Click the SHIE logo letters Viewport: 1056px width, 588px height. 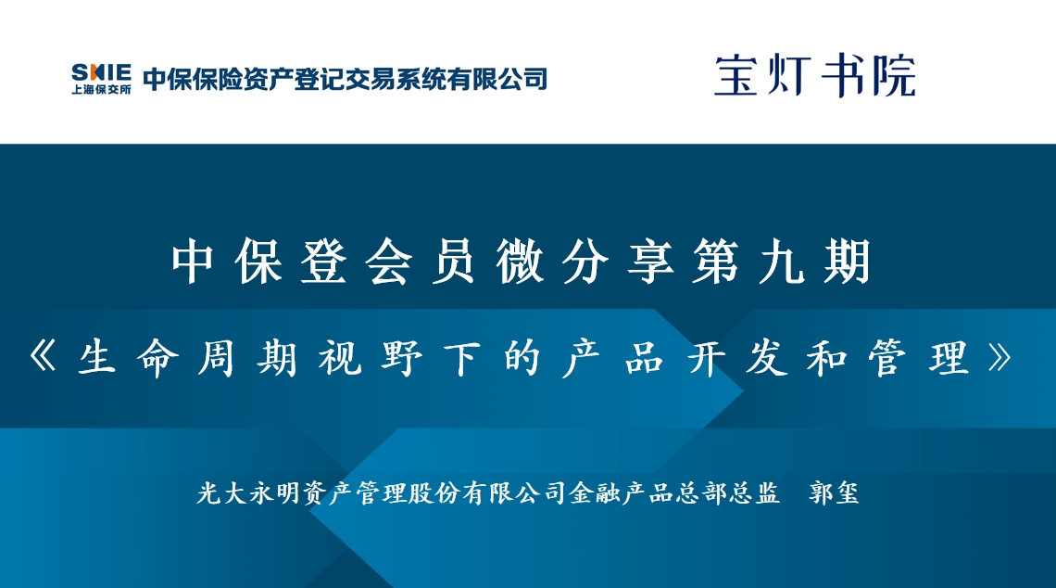[102, 73]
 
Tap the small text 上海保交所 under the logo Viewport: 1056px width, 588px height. [102, 90]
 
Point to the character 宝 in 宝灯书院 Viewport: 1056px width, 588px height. [736, 75]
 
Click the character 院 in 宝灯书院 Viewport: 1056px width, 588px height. [894, 75]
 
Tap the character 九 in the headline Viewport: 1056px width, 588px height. [782, 262]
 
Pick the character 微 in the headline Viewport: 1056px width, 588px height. [520, 262]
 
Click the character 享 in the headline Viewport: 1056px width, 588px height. [650, 262]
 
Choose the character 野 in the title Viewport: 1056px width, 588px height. [401, 357]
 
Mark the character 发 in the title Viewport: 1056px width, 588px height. [766, 357]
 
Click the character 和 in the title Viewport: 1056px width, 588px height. [828, 357]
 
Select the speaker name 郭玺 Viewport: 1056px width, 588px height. [835, 492]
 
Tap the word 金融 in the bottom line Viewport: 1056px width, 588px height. [595, 492]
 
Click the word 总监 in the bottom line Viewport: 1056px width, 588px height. [754, 492]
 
